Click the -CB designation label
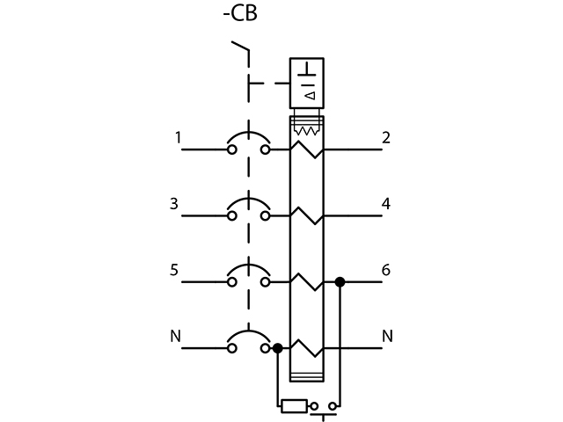pos(239,16)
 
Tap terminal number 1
pos(179,137)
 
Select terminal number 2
pos(386,137)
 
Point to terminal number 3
pos(174,204)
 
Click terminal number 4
pos(386,204)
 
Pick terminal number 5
pos(174,270)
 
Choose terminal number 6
pos(386,270)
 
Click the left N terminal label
pos(174,336)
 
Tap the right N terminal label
pos(387,336)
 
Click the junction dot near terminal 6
pos(340,282)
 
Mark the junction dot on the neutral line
pos(278,348)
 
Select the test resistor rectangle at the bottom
pos(293,405)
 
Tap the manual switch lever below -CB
pos(239,51)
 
